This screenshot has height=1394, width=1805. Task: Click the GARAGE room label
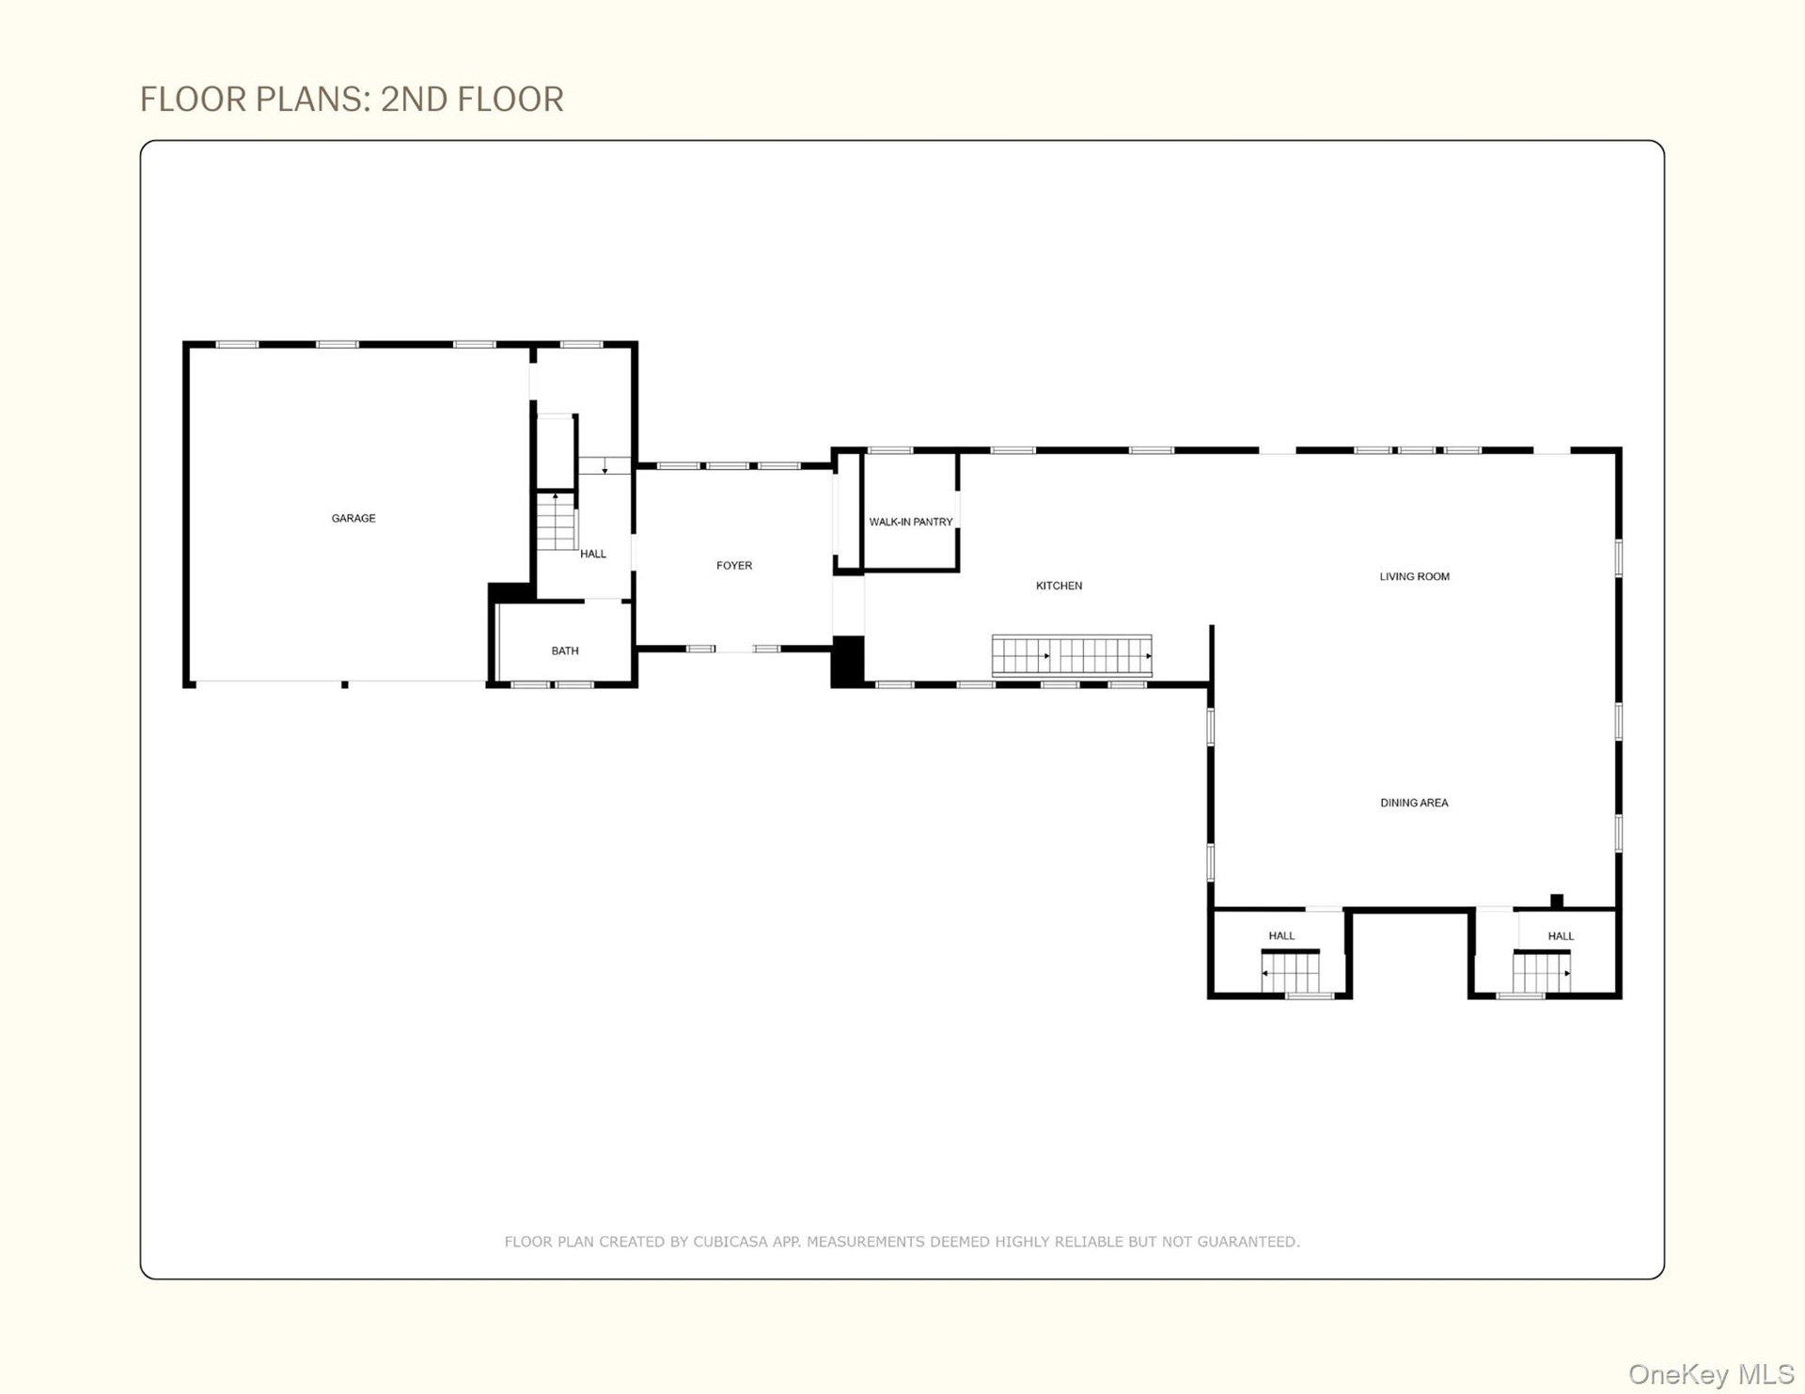coord(353,518)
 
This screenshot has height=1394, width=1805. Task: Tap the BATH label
coord(565,650)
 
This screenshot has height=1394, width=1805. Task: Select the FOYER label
coord(734,565)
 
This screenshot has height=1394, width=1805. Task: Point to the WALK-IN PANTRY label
coord(911,522)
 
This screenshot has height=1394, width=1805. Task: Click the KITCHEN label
coord(1059,586)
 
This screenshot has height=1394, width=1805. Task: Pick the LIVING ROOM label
coord(1415,576)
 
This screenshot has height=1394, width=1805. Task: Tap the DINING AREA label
coord(1414,803)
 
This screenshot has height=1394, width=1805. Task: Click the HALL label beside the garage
coord(593,554)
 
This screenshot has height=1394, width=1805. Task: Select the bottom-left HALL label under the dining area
coord(1281,935)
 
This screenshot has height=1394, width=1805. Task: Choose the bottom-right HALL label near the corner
coord(1561,935)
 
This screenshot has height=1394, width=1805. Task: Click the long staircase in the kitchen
coord(1072,655)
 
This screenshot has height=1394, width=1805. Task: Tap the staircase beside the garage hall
coord(556,521)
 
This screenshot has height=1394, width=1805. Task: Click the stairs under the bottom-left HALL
coord(1290,972)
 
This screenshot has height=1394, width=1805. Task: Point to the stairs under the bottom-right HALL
coord(1542,972)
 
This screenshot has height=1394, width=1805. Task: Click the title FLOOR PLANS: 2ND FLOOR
coord(352,99)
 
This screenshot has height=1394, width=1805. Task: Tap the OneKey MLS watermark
coord(1710,1374)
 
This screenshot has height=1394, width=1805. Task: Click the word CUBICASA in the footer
coord(730,1242)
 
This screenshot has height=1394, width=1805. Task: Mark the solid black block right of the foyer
coord(847,662)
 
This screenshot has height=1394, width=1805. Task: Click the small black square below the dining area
coord(1557,901)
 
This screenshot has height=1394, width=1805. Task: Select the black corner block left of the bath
coord(510,592)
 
